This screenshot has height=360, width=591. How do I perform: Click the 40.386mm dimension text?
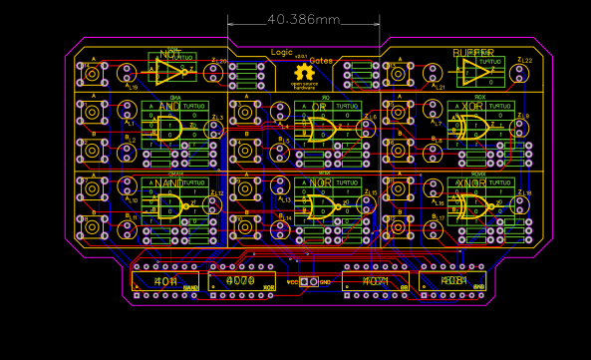click(x=303, y=20)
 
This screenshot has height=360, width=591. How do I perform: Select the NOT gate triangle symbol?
click(x=169, y=71)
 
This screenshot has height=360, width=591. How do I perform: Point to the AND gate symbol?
click(x=168, y=127)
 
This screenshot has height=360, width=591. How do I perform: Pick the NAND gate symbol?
click(x=169, y=205)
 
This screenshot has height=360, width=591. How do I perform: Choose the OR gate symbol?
click(x=321, y=128)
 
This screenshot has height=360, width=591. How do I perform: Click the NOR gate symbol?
click(x=322, y=206)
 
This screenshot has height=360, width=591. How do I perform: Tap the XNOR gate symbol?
click(x=472, y=205)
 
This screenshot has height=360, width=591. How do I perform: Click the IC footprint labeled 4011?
click(x=165, y=281)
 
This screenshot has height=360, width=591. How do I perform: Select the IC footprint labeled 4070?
click(x=241, y=281)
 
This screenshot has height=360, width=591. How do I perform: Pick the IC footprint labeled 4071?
click(x=376, y=281)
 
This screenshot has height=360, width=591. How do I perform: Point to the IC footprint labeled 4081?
click(x=452, y=281)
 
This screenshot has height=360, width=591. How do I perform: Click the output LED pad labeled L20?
click(x=213, y=73)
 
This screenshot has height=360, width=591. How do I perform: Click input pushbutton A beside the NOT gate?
click(x=93, y=73)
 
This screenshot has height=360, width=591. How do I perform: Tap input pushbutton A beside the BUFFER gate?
click(x=398, y=73)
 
